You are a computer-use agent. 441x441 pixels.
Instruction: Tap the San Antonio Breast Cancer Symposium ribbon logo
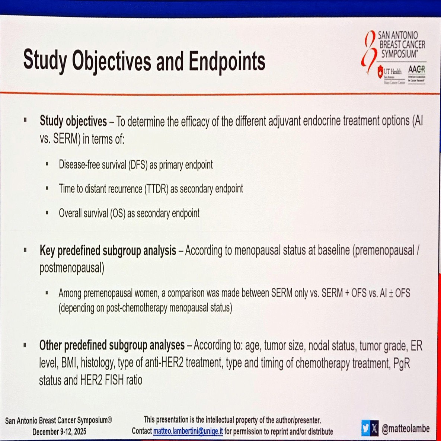[x=369, y=52]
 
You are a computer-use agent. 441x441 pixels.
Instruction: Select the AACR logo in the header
[x=416, y=70]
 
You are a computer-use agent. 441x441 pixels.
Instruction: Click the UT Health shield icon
[x=380, y=71]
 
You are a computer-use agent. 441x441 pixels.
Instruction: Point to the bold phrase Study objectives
[x=73, y=121]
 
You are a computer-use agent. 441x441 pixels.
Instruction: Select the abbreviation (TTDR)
[x=156, y=189]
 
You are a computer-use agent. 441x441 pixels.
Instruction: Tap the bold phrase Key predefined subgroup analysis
[x=108, y=250]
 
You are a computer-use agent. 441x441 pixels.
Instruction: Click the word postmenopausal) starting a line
[x=72, y=268]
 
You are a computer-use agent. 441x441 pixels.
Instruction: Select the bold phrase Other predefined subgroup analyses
[x=112, y=345]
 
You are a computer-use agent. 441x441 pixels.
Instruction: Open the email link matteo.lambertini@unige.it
[x=188, y=432]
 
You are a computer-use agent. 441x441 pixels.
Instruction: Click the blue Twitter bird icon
[x=365, y=428]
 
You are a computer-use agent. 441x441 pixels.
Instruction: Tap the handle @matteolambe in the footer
[x=406, y=429]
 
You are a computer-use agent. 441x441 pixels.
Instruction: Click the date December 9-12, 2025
[x=59, y=432]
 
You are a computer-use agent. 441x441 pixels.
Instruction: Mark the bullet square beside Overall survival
[x=47, y=213]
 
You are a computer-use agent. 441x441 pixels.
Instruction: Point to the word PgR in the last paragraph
[x=401, y=363]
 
